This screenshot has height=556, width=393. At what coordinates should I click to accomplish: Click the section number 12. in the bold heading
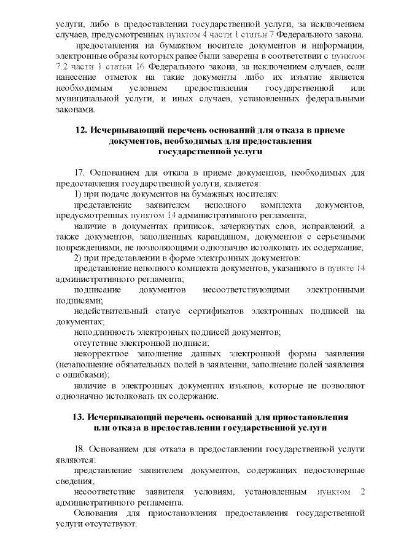click(81, 130)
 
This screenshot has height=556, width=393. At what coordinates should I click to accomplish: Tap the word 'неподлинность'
click(102, 332)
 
